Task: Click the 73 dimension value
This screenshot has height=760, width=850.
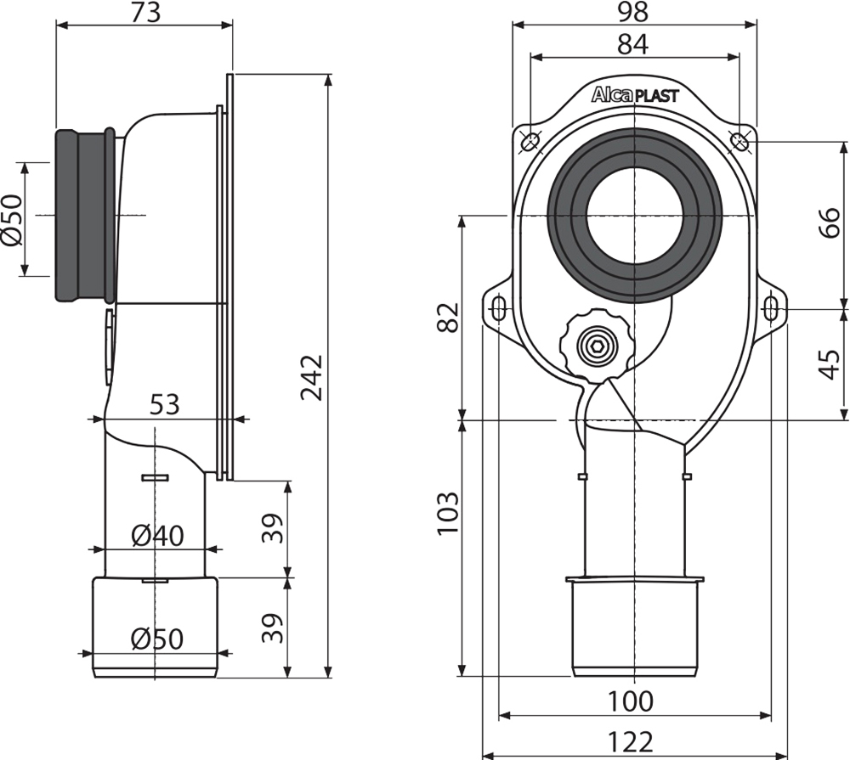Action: (146, 12)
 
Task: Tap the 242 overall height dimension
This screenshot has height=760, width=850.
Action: (313, 378)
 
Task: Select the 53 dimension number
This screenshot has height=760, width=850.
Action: (164, 405)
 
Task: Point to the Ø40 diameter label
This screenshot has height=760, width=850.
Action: (158, 536)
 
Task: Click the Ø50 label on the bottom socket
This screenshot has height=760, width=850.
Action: (157, 639)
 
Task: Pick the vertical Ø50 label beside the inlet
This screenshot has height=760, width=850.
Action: (12, 220)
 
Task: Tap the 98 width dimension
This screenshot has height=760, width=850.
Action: (632, 13)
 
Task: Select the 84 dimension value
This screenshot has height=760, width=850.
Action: (632, 44)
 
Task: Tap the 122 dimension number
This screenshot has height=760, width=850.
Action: (631, 742)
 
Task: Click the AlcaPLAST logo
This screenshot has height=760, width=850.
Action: (635, 95)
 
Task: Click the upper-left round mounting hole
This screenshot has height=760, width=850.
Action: (530, 142)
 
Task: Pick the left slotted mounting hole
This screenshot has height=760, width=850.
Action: (498, 310)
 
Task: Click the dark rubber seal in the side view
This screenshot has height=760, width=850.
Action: (85, 215)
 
